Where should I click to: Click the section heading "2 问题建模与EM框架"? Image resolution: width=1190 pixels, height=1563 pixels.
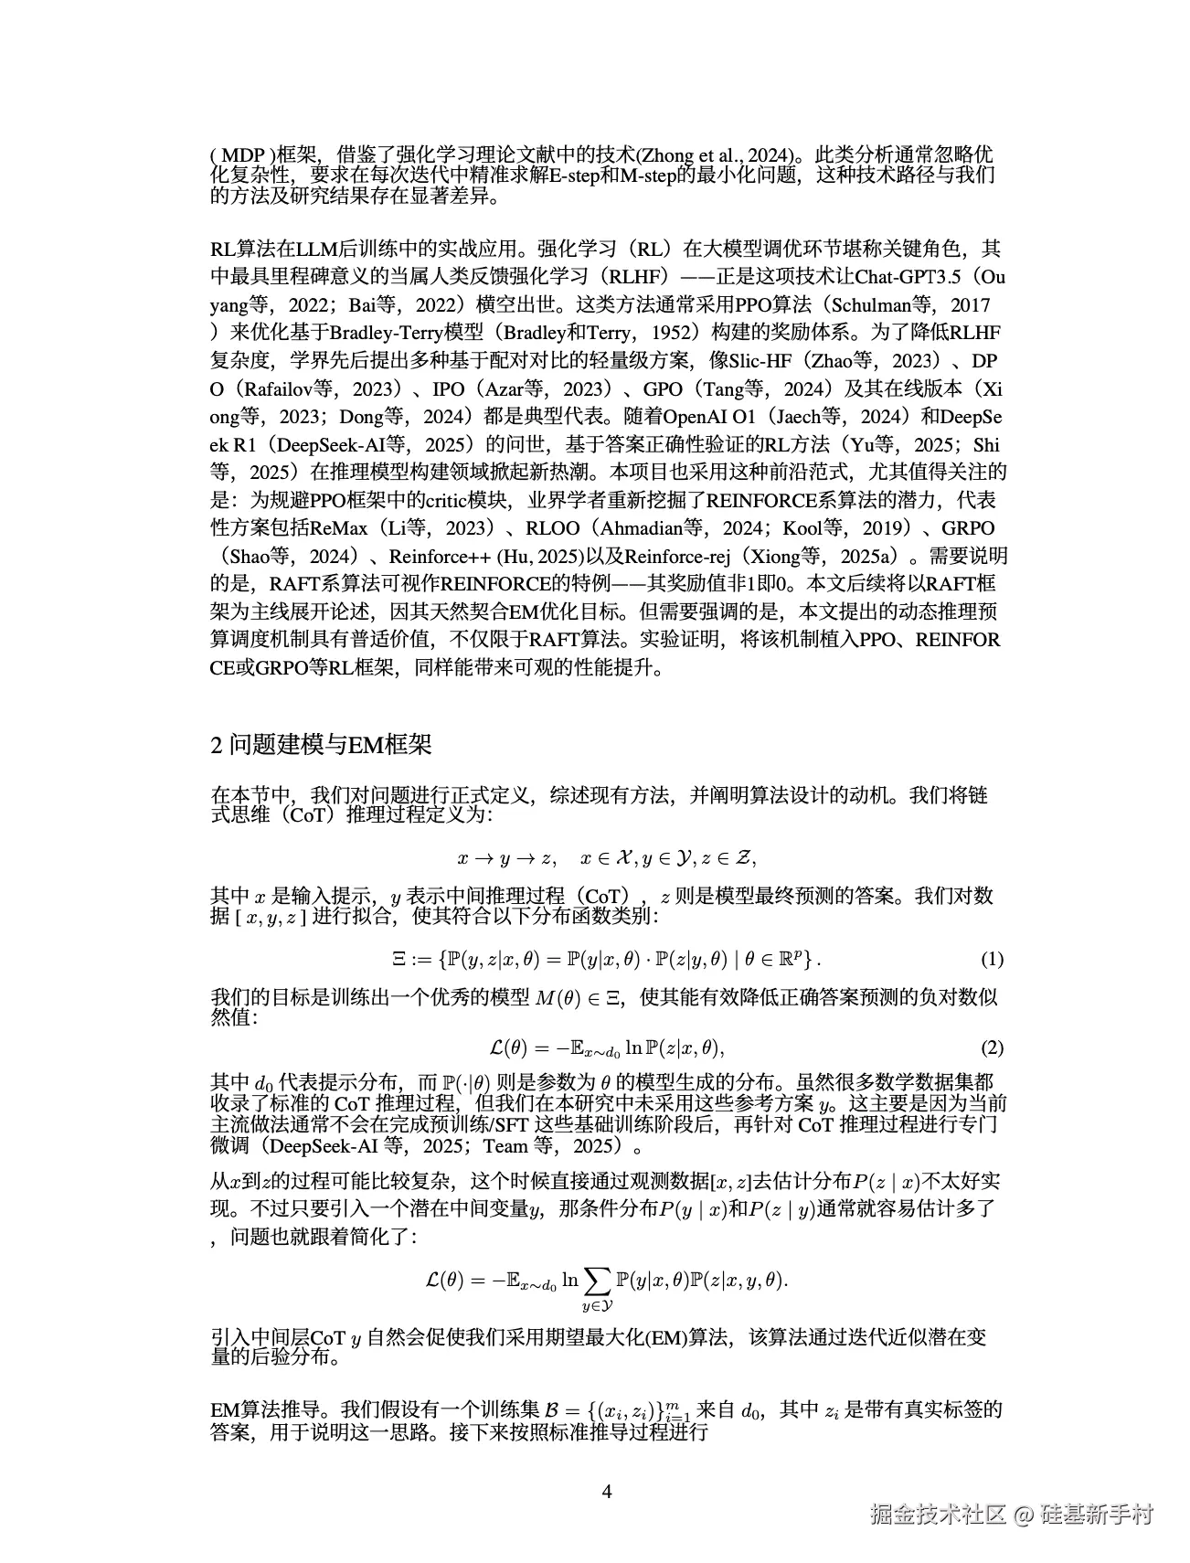[321, 745]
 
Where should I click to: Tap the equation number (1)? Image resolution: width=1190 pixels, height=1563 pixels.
[992, 959]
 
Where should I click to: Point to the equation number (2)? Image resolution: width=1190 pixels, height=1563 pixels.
[992, 1047]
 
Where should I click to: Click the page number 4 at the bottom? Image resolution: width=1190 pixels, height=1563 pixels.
[607, 1492]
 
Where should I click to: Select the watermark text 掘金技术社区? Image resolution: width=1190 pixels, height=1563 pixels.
[937, 1514]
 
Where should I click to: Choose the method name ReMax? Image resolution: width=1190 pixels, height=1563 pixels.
[339, 528]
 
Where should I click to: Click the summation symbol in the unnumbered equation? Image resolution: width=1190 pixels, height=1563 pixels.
[598, 1281]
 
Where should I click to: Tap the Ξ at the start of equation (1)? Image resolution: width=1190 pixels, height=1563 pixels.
[398, 959]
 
